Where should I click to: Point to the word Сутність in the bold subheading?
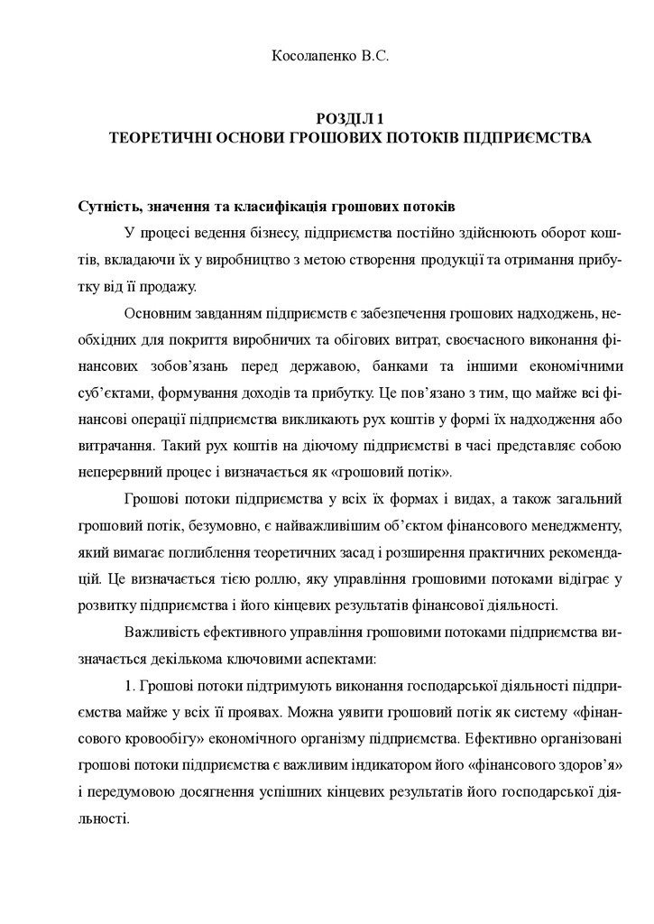coord(107,206)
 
